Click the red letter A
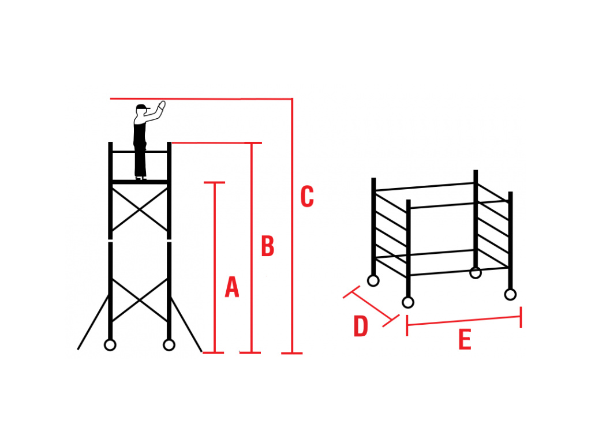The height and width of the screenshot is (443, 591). [x=231, y=287]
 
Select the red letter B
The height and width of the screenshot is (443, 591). [x=267, y=246]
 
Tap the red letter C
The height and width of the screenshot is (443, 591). [x=307, y=197]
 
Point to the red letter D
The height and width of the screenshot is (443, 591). [x=361, y=326]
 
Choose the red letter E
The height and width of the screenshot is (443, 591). [x=465, y=340]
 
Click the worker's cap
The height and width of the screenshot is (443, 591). [x=141, y=107]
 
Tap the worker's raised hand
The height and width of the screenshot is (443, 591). [x=162, y=106]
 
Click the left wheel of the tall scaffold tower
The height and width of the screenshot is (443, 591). [x=110, y=345]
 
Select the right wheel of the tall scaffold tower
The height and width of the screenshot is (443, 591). [x=169, y=345]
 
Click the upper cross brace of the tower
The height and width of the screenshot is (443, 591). [x=140, y=209]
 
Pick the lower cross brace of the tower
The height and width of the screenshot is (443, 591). [x=140, y=300]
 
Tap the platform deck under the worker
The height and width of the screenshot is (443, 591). [x=140, y=182]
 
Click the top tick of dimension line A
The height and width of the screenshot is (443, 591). [x=214, y=183]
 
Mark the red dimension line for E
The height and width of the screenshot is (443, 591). [x=464, y=321]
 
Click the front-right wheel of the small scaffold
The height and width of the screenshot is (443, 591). [x=510, y=295]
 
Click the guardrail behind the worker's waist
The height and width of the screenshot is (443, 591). [x=124, y=152]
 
